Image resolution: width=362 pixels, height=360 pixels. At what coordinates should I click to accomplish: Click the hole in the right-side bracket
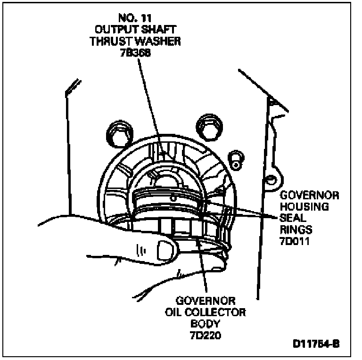point(271,179)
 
